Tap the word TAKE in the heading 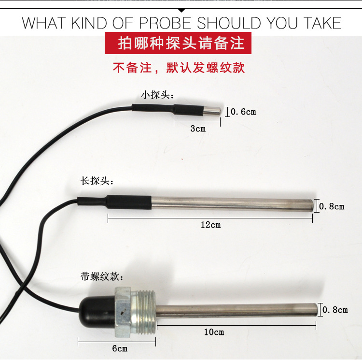[322, 23]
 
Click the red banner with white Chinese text [178, 43]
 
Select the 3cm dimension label [198, 129]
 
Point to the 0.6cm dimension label [243, 112]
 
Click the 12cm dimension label [210, 225]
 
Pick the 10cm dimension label [214, 332]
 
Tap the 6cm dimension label [120, 348]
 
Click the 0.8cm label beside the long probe [332, 206]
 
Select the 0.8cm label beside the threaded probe [335, 310]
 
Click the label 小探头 [157, 95]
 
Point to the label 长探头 [97, 181]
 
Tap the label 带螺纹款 [102, 276]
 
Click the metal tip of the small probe [212, 111]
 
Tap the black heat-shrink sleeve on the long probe [114, 202]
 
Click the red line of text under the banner [179, 68]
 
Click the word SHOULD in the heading [229, 23]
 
